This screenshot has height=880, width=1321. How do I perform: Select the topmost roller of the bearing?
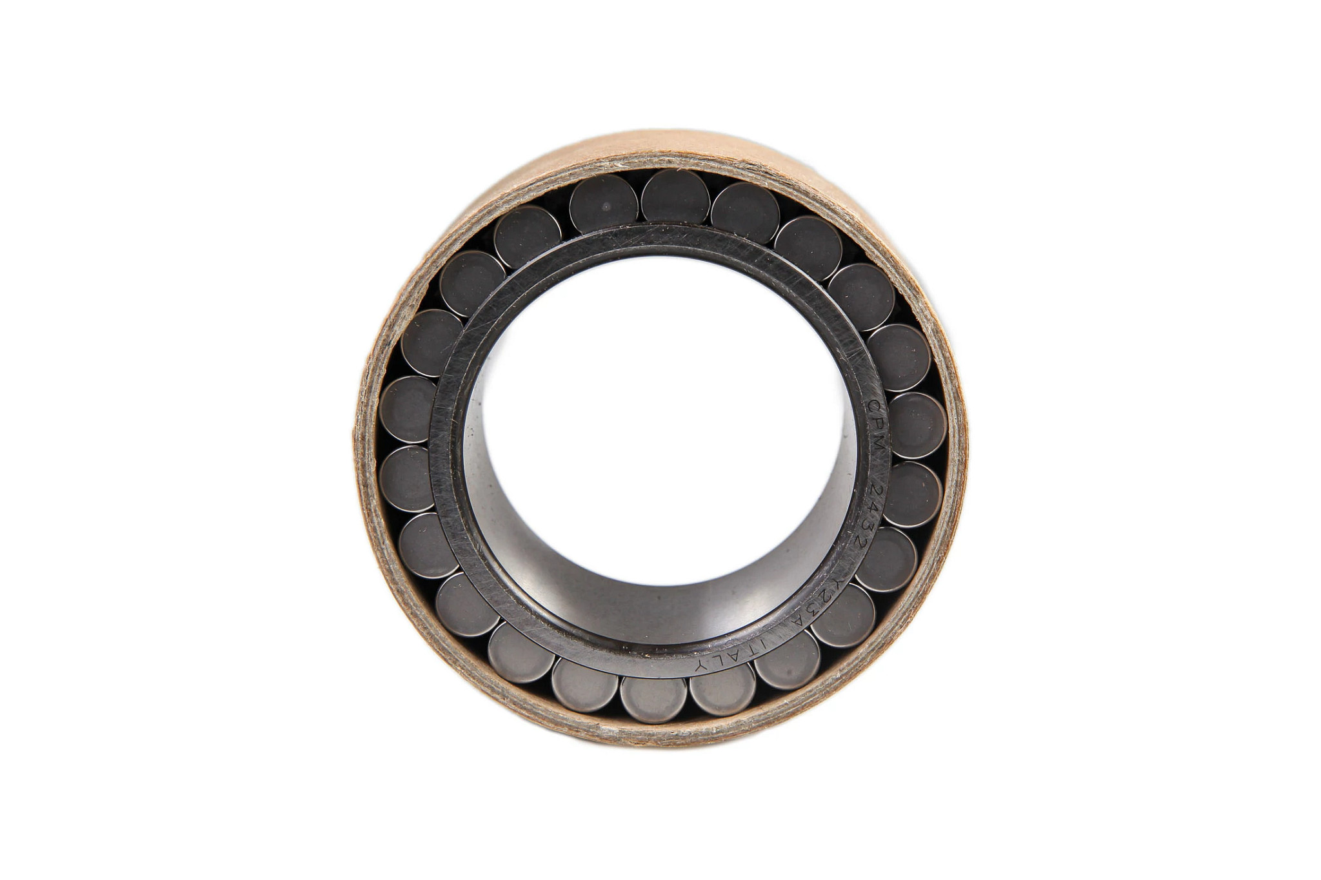tap(674, 197)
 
